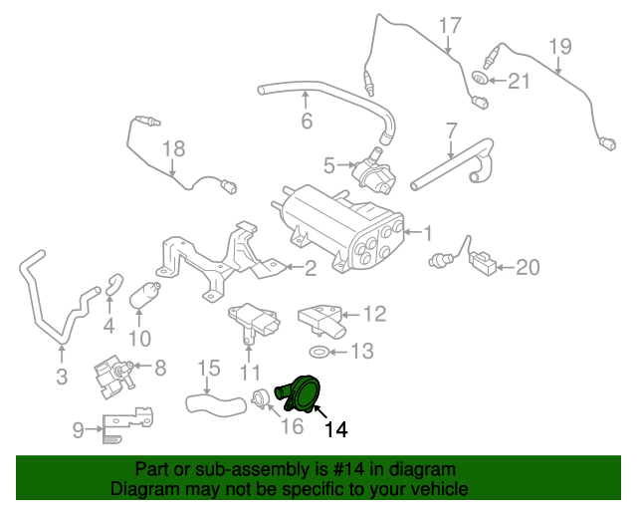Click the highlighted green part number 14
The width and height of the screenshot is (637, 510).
(300, 392)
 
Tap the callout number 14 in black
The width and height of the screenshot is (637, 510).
(336, 430)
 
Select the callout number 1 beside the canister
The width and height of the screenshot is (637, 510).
(428, 234)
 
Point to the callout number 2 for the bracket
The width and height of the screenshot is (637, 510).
(311, 267)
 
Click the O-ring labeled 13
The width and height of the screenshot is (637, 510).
(318, 352)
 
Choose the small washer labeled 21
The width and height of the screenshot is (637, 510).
(481, 80)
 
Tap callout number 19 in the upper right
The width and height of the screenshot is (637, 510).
(559, 45)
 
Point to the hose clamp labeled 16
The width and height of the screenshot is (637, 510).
(260, 399)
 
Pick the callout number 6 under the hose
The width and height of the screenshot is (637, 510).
(307, 122)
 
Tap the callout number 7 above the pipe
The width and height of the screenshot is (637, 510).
(451, 130)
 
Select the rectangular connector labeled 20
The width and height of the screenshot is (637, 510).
(485, 265)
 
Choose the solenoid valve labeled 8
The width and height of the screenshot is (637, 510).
(110, 377)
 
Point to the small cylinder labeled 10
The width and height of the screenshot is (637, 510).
(143, 296)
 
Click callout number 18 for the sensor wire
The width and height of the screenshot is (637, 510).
(174, 149)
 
